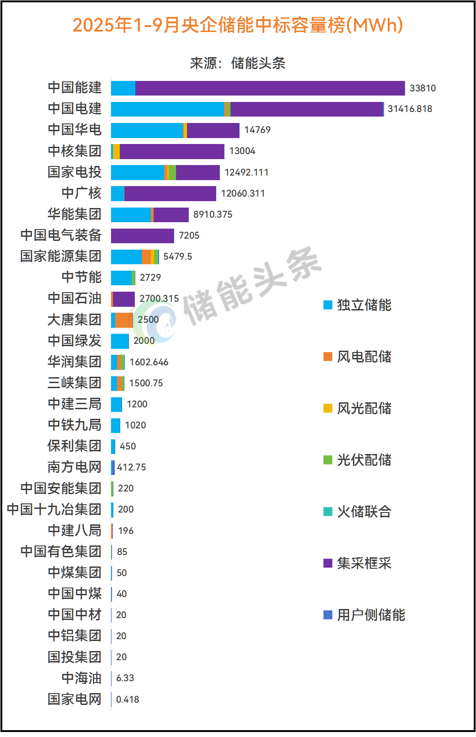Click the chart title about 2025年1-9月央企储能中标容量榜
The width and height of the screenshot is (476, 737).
[x=238, y=25]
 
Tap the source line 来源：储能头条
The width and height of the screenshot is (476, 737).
[x=238, y=63]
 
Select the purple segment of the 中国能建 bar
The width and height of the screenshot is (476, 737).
[x=270, y=88]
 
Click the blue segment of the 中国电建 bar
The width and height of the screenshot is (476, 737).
[x=167, y=109]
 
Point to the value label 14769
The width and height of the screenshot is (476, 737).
[x=257, y=130]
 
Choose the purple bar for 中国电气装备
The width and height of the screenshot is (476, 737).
[x=143, y=236]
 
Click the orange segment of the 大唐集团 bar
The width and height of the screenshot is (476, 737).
[x=123, y=320]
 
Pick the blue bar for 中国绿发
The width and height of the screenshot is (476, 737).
[x=120, y=341]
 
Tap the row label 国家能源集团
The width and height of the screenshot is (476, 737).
[x=61, y=256]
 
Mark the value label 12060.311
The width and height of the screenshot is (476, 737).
[x=243, y=193]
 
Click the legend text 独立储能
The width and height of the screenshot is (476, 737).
[x=364, y=305]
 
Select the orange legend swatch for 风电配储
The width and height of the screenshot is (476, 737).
[x=328, y=357]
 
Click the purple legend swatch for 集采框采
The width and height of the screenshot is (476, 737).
[x=328, y=563]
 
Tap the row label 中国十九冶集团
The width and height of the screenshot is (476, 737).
[x=54, y=509]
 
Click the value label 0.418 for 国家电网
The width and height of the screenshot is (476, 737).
[x=128, y=700]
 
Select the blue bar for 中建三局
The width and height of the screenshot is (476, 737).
[x=117, y=405]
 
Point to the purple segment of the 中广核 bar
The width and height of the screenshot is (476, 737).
[x=170, y=194]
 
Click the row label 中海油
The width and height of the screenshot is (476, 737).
[x=81, y=678]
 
